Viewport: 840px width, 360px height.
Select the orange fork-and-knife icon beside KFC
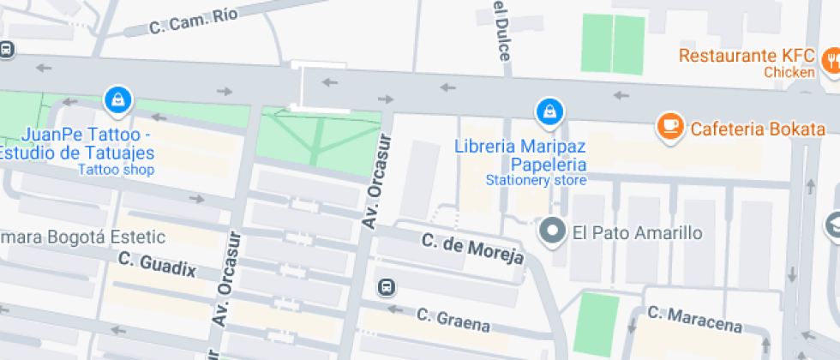coord(831,60)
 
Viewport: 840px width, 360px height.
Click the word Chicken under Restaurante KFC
coord(789,73)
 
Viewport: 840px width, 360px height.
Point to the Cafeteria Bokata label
coord(758,129)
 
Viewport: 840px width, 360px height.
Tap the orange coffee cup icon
coord(669,127)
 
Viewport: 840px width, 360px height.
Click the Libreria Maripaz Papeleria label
coord(521,154)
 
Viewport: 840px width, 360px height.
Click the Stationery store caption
coord(536,181)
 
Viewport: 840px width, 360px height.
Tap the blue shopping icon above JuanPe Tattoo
coord(117,100)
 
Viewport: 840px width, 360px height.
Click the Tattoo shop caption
coord(116,170)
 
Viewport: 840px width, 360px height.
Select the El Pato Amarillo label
coord(637,232)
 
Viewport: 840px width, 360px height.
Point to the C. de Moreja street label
coord(472,249)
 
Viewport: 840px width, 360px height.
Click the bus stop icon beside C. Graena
coord(387,286)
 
